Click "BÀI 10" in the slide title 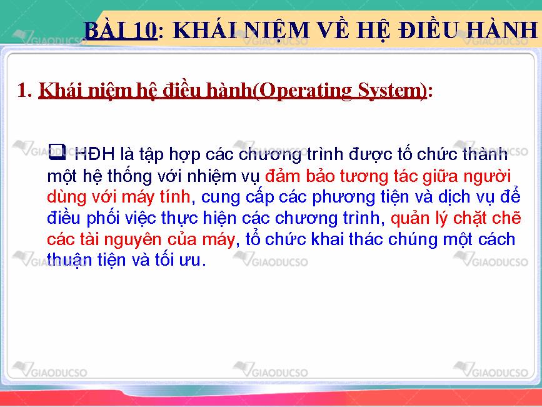pos(121,30)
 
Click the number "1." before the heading pos(24,90)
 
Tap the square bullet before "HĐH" pos(57,152)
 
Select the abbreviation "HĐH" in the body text pos(94,154)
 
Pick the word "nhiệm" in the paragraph pos(211,176)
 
